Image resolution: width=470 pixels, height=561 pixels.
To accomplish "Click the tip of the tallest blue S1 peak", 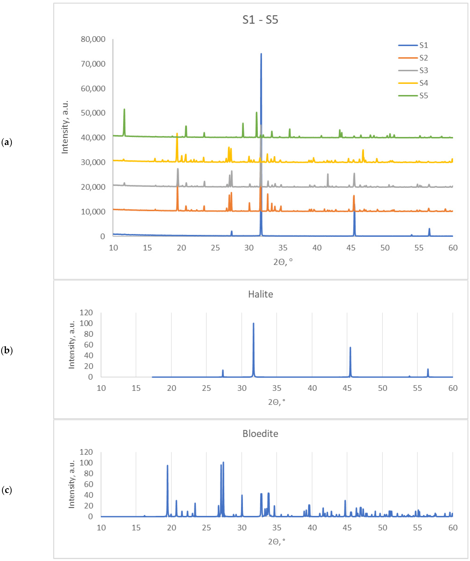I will pyautogui.click(x=261, y=54).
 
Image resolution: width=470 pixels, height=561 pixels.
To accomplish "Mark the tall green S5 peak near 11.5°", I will pyautogui.click(x=124, y=109).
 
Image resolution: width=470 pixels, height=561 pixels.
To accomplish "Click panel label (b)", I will pyautogui.click(x=7, y=350).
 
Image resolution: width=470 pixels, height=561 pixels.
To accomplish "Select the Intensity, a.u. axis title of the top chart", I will pyautogui.click(x=65, y=127).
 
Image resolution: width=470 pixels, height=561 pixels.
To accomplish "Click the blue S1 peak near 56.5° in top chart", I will pyautogui.click(x=429, y=229).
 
